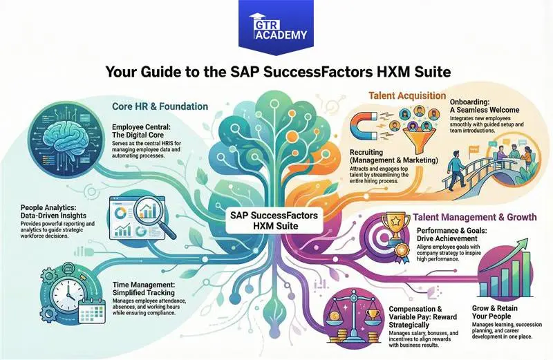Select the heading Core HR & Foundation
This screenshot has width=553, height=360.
click(x=160, y=106)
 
